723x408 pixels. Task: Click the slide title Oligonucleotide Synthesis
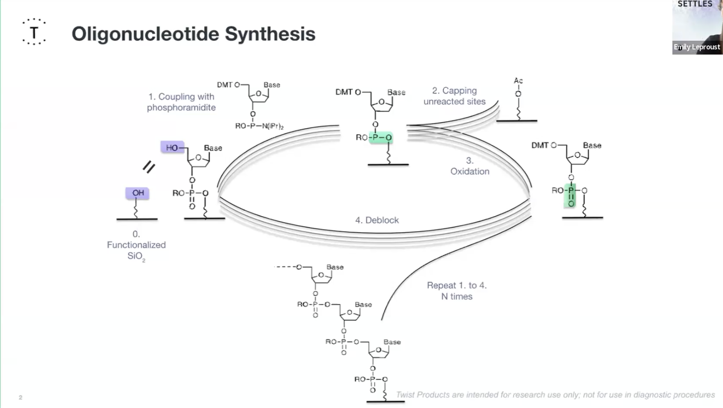tap(193, 34)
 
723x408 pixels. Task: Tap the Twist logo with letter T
tap(34, 32)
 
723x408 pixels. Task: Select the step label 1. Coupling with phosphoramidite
tap(181, 102)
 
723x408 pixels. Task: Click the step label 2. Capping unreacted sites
tap(455, 96)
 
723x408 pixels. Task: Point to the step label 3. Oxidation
tap(470, 166)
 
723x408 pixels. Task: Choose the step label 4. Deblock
tap(377, 220)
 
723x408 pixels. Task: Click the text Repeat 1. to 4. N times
tap(456, 291)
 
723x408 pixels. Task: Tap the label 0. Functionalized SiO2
tap(136, 245)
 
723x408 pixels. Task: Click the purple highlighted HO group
tap(172, 148)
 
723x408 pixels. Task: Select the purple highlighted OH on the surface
tap(137, 193)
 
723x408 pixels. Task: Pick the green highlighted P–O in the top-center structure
tap(381, 138)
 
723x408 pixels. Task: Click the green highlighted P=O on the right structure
tap(571, 196)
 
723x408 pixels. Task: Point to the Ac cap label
tap(518, 81)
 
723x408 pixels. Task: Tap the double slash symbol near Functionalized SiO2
tap(149, 167)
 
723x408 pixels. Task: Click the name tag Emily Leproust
tap(697, 47)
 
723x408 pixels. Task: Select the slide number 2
tap(21, 397)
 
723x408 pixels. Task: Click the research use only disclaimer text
tap(555, 395)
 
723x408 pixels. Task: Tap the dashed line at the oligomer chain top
tap(285, 267)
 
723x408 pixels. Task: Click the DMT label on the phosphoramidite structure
tap(224, 85)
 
